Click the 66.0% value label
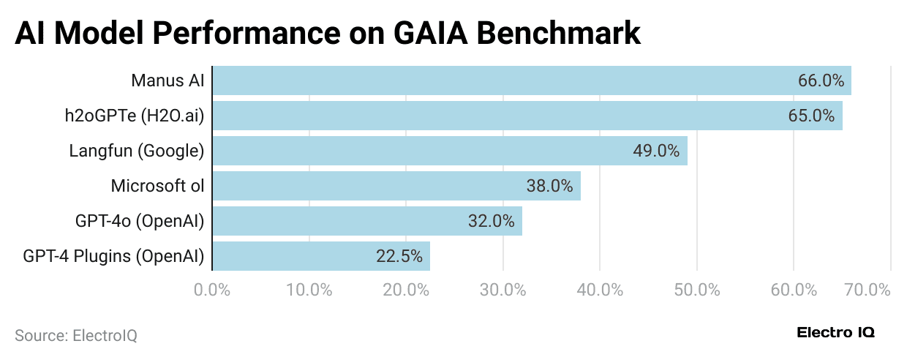click(x=821, y=80)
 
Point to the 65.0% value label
click(x=812, y=116)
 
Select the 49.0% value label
click(x=656, y=151)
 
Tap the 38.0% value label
click(x=549, y=186)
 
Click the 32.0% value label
click(x=492, y=221)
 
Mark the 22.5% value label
click(x=399, y=256)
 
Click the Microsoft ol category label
click(x=157, y=186)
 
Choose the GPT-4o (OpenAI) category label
click(x=139, y=221)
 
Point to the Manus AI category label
click(x=168, y=80)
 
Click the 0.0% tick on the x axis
click(x=212, y=290)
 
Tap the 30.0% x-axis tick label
click(x=503, y=290)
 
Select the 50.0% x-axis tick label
click(x=696, y=290)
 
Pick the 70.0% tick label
click(x=867, y=290)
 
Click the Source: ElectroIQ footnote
click(x=76, y=336)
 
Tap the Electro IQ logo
click(x=835, y=333)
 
